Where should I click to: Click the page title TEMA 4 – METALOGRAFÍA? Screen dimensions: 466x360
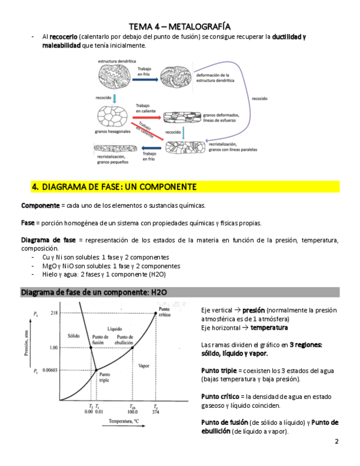click(179, 26)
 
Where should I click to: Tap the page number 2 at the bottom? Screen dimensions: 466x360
click(336, 442)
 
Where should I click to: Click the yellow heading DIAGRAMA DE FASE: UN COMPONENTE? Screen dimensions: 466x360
click(114, 187)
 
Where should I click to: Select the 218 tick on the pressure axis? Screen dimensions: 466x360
click(54, 313)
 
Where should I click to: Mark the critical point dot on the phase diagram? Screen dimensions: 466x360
click(156, 313)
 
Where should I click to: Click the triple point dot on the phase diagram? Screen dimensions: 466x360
click(96, 370)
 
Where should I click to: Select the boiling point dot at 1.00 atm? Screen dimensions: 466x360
click(132, 348)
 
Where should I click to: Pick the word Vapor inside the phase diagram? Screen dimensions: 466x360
click(144, 365)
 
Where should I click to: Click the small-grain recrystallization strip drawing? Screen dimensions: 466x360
click(114, 149)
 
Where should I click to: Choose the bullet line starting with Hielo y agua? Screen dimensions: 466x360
click(104, 274)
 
